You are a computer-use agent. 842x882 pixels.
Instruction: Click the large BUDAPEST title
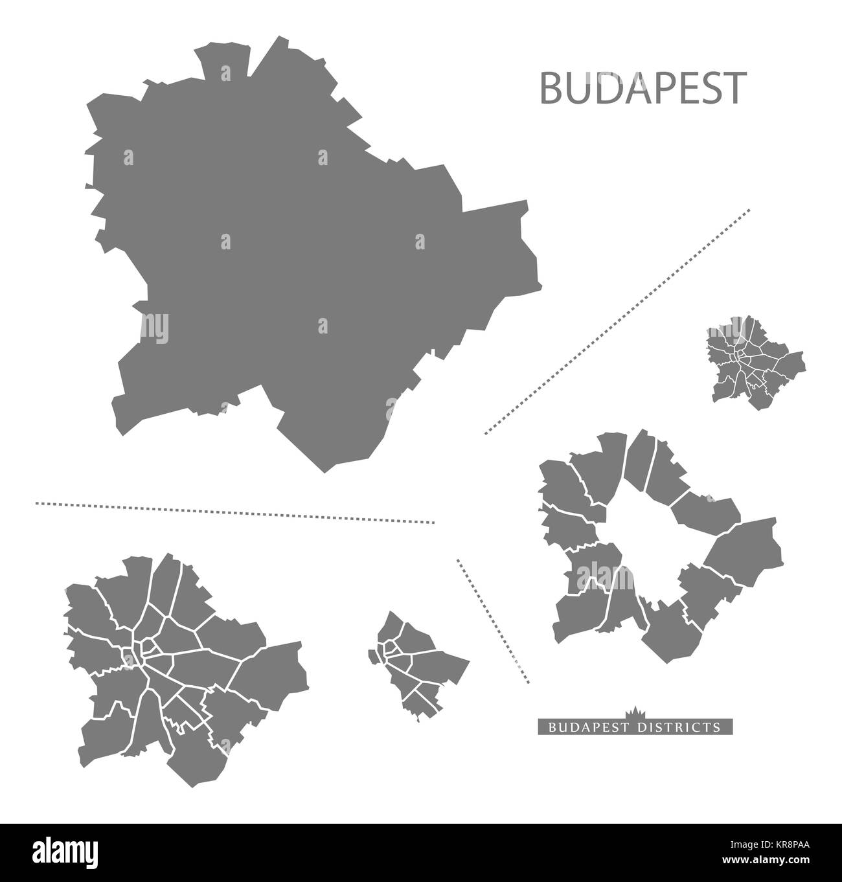642,89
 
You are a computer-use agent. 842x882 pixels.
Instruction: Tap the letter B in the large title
551,89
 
